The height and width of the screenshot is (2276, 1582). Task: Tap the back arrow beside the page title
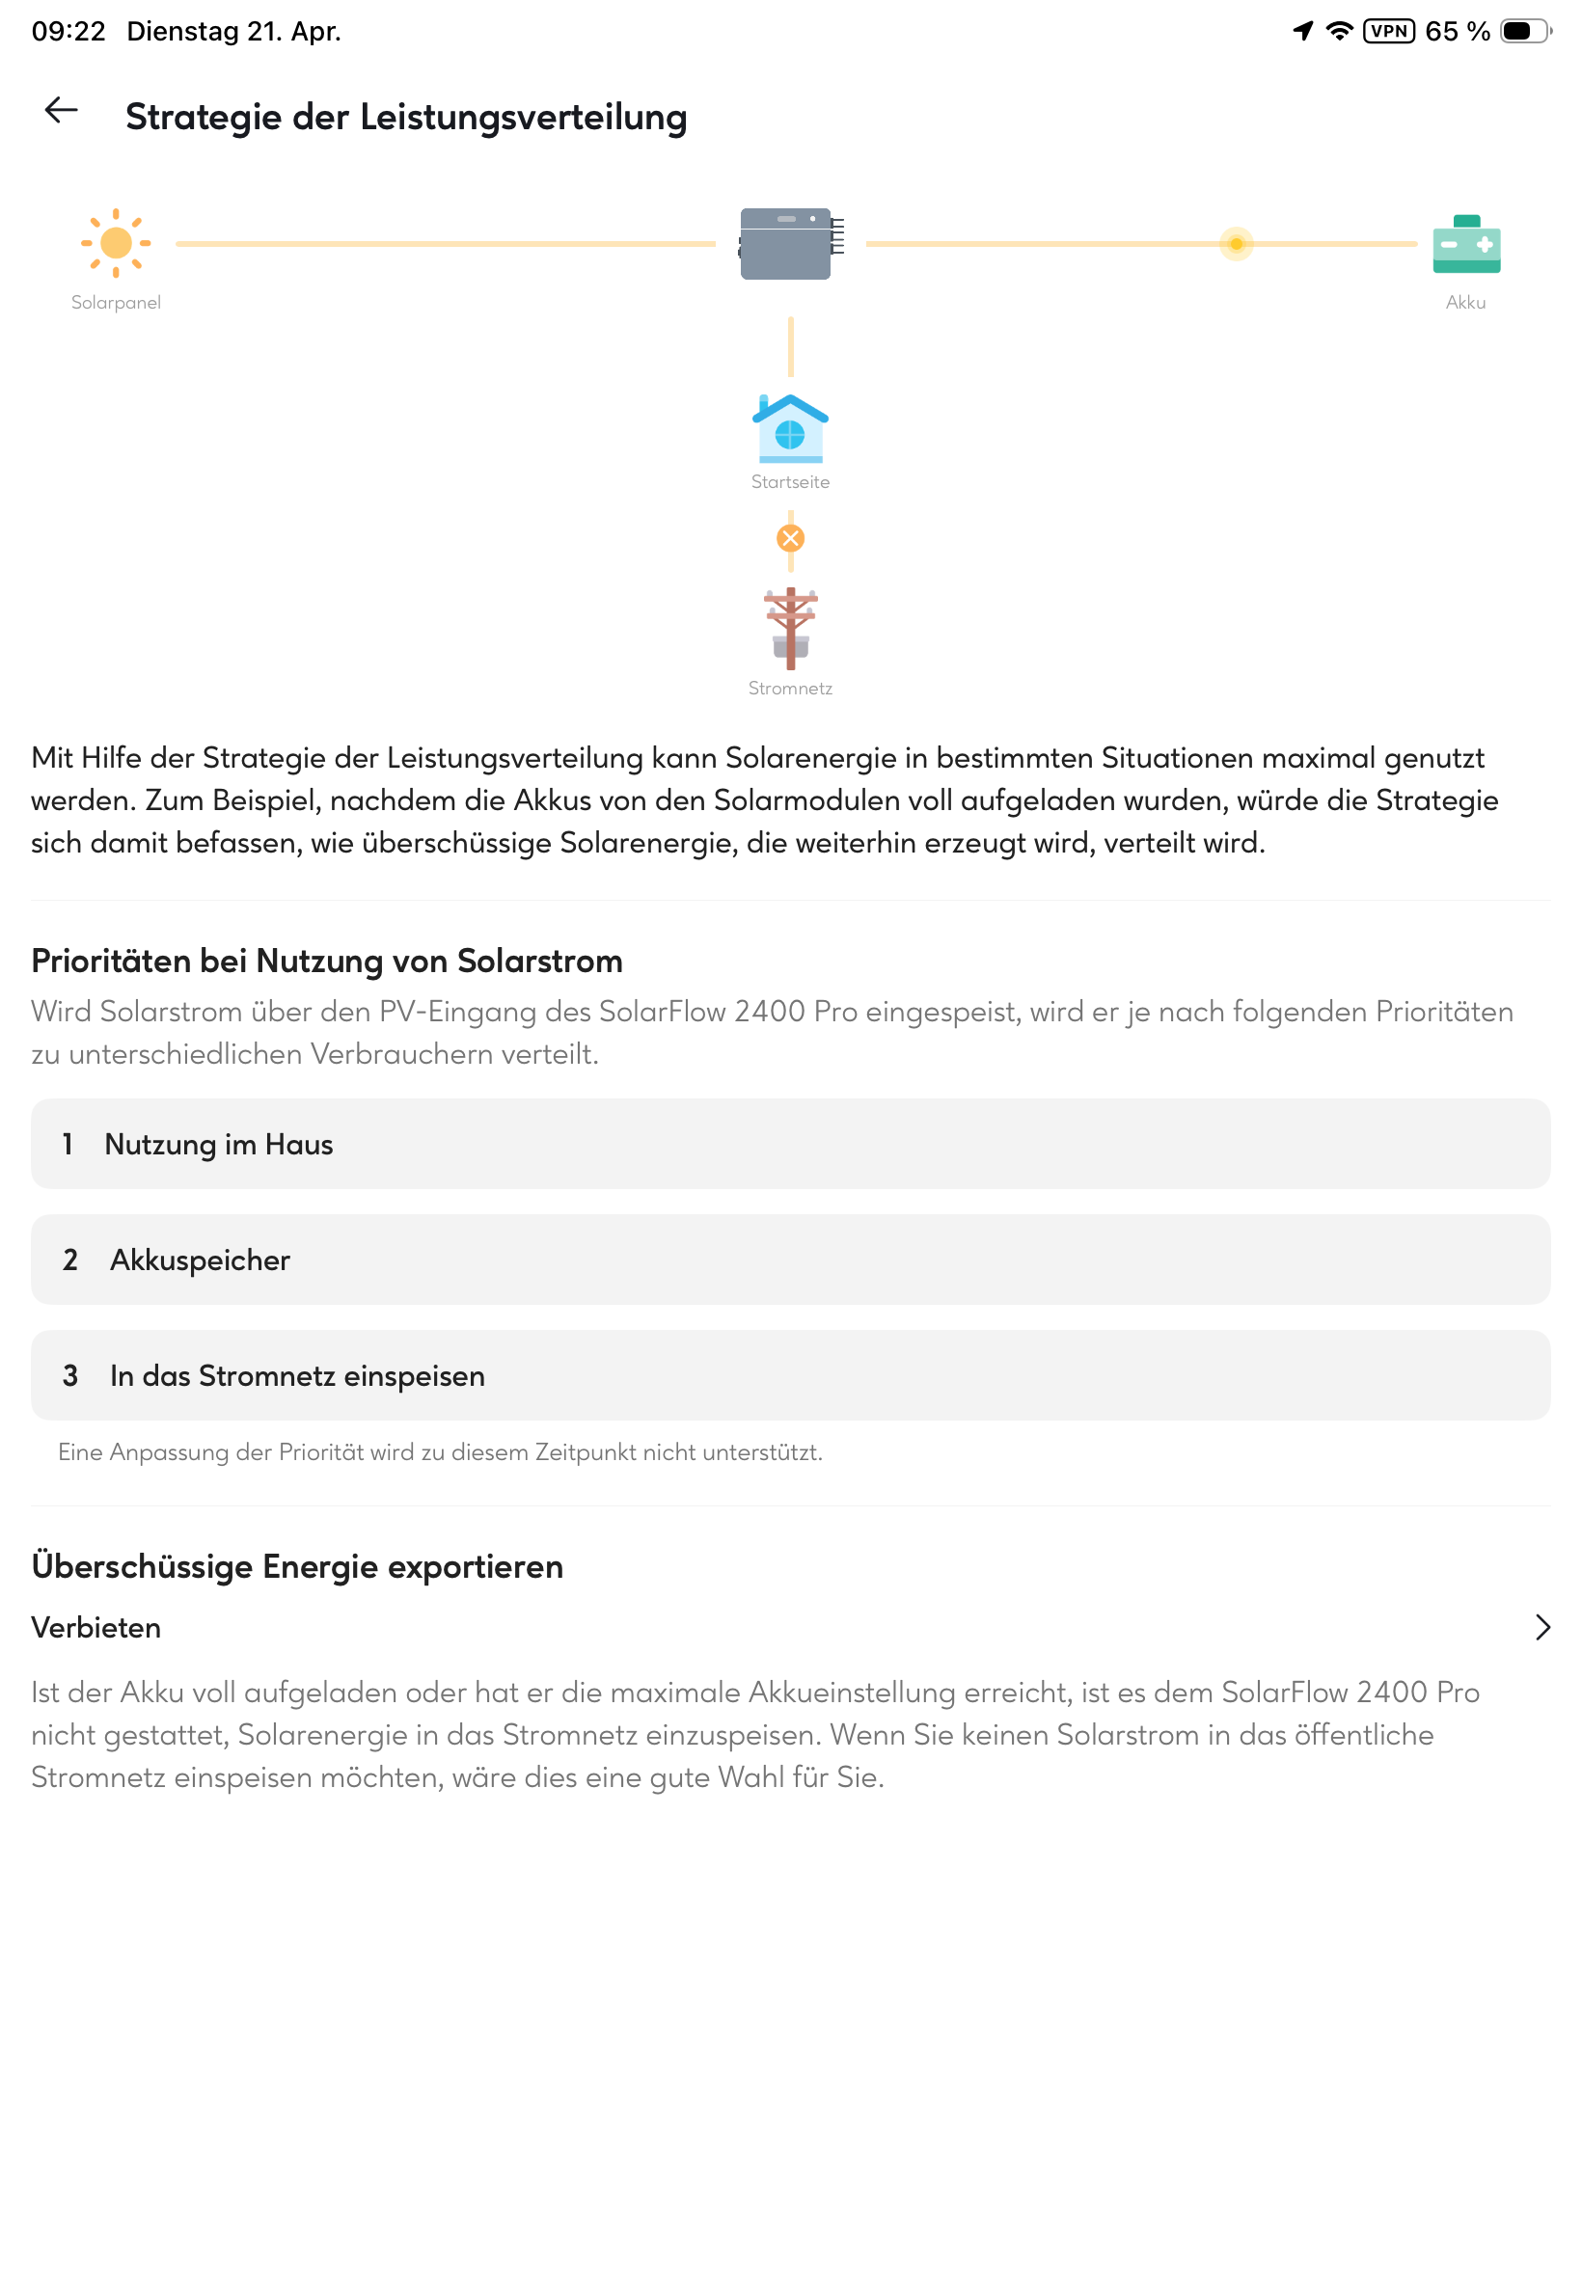click(62, 110)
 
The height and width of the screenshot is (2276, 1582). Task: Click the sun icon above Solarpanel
click(116, 243)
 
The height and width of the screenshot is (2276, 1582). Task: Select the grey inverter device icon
click(788, 244)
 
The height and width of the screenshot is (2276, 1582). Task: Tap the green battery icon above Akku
click(1466, 244)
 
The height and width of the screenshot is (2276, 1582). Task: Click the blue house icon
click(790, 429)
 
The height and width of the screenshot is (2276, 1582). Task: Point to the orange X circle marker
click(790, 538)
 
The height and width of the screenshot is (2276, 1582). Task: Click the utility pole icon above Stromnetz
click(790, 628)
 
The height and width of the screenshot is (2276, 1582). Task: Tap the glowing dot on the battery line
click(1236, 244)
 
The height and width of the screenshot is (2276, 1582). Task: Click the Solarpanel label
click(116, 302)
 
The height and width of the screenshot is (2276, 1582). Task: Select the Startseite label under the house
click(790, 481)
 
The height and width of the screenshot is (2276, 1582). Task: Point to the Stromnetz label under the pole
click(790, 688)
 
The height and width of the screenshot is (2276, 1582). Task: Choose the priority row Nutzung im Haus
click(790, 1144)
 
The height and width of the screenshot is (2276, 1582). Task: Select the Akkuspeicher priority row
click(790, 1260)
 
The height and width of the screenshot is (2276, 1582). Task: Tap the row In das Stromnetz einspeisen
click(790, 1375)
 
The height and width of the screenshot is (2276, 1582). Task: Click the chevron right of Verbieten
click(1541, 1627)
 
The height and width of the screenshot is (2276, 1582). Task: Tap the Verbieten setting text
click(96, 1627)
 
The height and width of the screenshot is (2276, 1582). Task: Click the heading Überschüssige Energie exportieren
click(297, 1566)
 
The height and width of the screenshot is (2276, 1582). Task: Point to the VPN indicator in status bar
click(1389, 31)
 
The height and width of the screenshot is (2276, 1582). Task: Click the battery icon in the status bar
click(1523, 31)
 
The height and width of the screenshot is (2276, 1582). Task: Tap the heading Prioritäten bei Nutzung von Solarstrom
click(327, 962)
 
